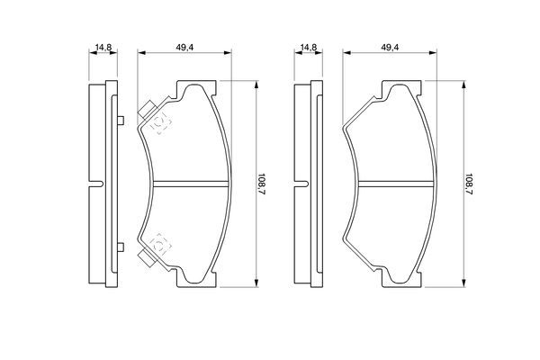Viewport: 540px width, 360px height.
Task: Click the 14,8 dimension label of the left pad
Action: (x=103, y=48)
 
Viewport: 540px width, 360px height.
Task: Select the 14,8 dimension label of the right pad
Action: (x=309, y=48)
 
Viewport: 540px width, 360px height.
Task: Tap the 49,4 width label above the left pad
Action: (x=184, y=48)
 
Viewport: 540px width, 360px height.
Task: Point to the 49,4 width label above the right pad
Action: (x=391, y=48)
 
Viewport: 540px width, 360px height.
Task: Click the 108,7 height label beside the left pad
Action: (x=262, y=184)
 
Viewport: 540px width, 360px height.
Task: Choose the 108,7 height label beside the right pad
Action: (x=468, y=184)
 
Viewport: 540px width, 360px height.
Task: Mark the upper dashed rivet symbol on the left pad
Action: (x=160, y=123)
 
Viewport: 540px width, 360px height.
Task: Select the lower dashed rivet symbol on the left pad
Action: (x=160, y=244)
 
